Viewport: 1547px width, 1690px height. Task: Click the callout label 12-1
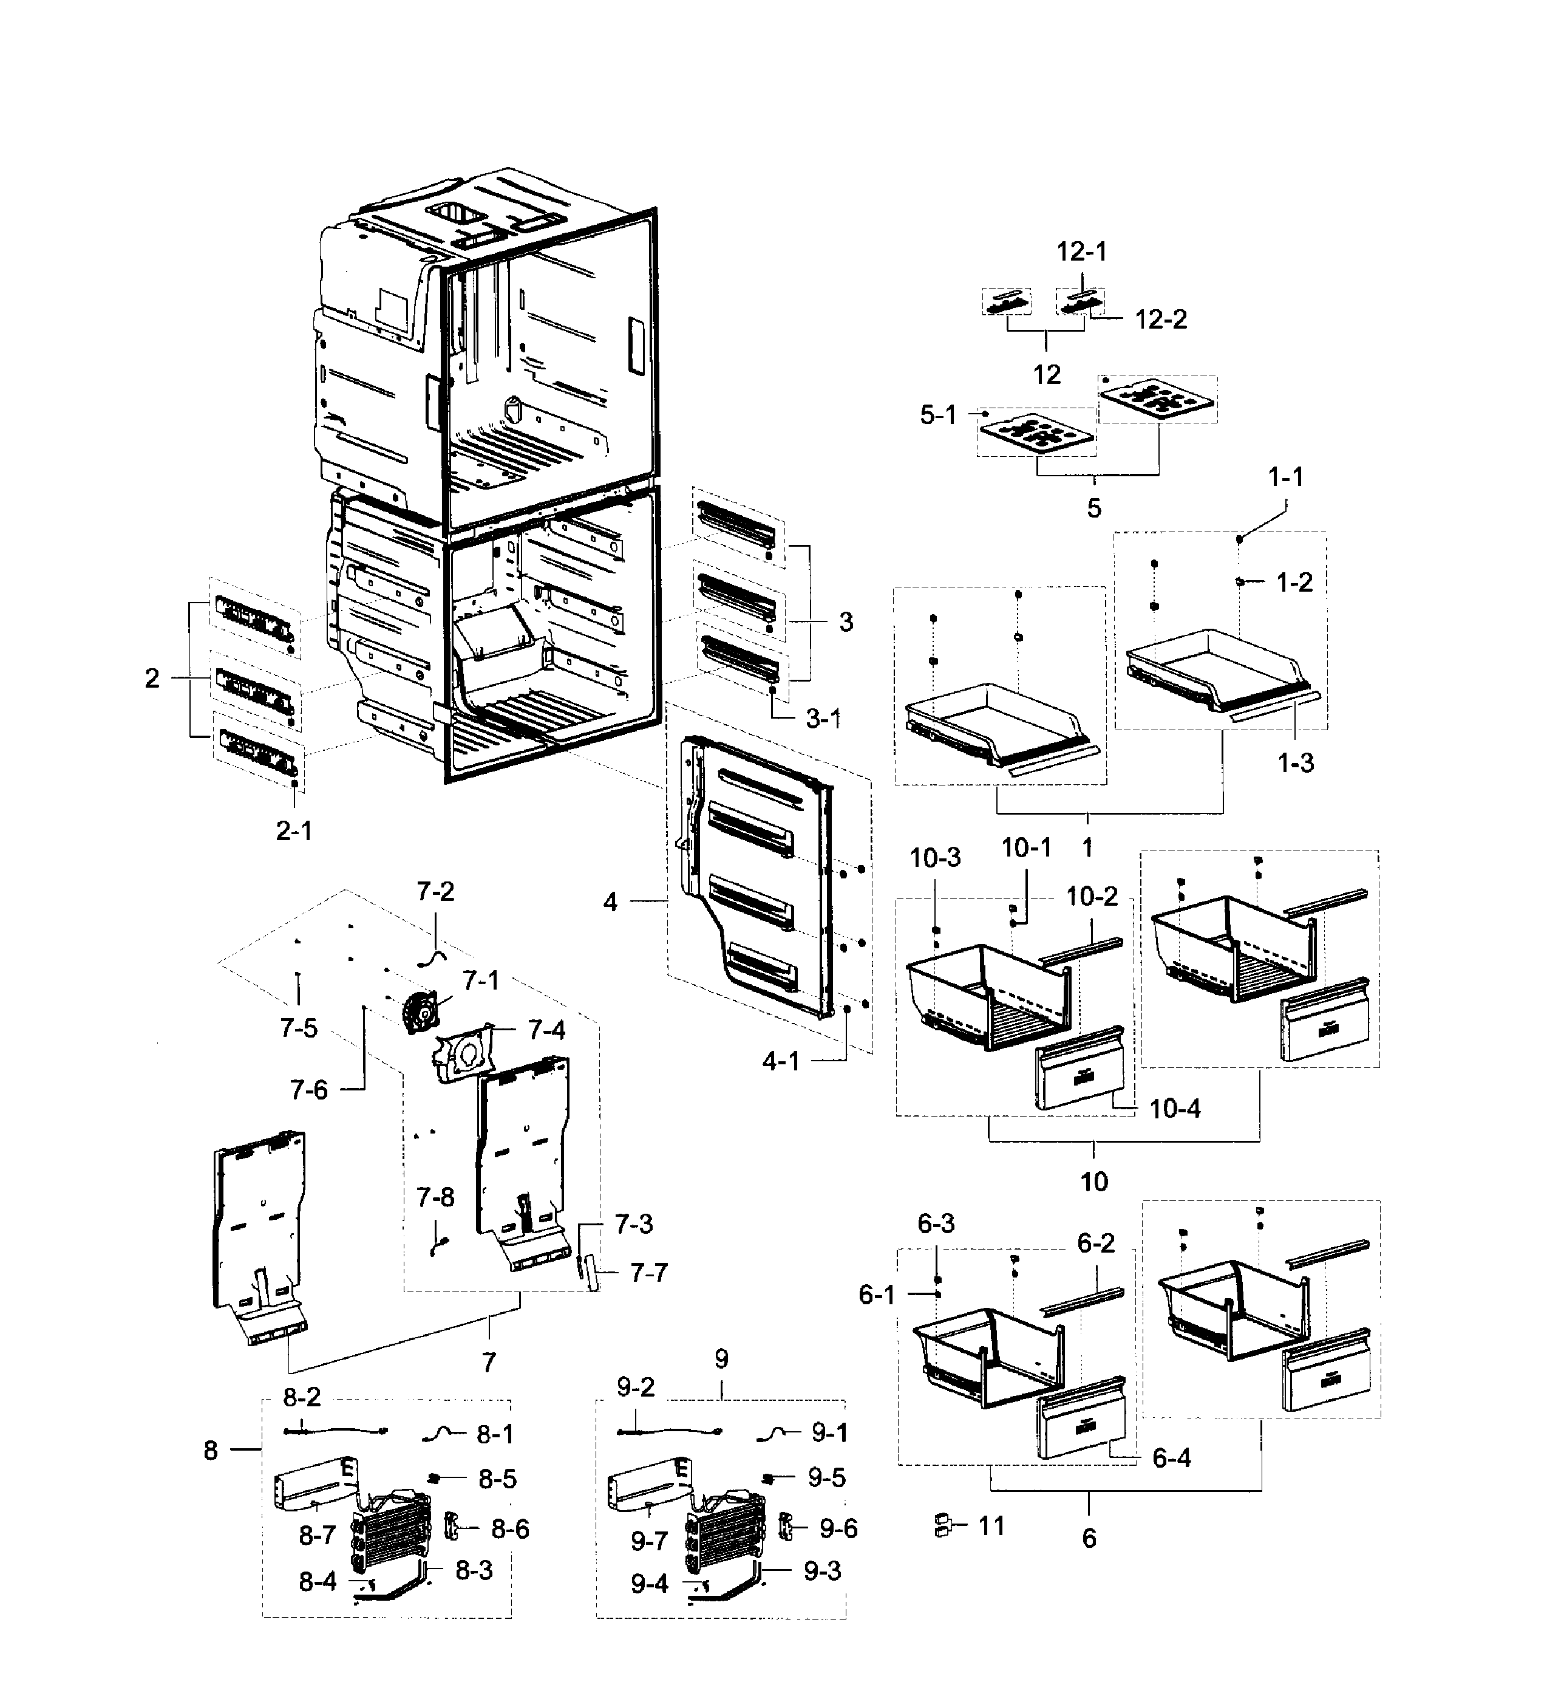(x=1081, y=251)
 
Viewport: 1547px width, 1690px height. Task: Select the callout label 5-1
(x=938, y=414)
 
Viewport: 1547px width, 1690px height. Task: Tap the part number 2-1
(x=294, y=831)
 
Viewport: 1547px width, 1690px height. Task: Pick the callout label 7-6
(x=309, y=1090)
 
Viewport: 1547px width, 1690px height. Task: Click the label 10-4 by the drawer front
(x=1174, y=1109)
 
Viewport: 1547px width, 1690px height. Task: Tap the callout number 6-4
(x=1171, y=1459)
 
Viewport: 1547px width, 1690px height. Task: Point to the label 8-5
(x=497, y=1480)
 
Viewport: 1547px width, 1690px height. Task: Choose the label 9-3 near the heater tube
(x=822, y=1571)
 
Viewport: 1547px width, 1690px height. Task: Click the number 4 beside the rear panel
(x=610, y=902)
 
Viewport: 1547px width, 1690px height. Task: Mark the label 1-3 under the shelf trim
(x=1295, y=763)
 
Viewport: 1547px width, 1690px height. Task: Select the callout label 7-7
(x=648, y=1273)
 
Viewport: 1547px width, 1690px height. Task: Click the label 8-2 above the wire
(x=302, y=1397)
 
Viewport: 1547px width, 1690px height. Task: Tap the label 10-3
(x=935, y=858)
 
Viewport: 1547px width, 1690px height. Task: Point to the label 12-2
(x=1161, y=320)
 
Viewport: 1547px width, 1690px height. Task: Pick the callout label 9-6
(x=838, y=1529)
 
